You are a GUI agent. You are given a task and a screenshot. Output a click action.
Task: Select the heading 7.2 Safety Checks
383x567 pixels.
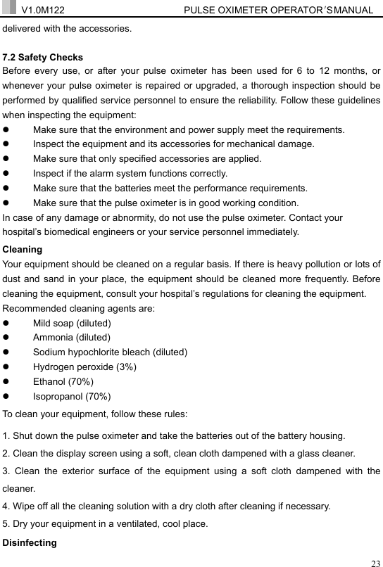coord(43,58)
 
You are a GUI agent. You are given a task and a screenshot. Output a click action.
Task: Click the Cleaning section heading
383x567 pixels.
coord(23,249)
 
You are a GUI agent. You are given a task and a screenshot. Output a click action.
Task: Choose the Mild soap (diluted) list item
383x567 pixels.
coord(72,323)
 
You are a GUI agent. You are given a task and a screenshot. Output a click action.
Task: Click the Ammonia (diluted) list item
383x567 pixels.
coord(70,338)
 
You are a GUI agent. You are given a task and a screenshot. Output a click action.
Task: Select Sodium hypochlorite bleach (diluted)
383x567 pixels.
coord(110,352)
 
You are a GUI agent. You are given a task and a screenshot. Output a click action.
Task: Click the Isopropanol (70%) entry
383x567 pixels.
coord(72,397)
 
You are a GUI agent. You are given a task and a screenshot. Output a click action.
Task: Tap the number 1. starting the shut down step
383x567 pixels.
coord(7,436)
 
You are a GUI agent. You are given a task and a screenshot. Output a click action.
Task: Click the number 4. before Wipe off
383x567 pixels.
coord(7,505)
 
